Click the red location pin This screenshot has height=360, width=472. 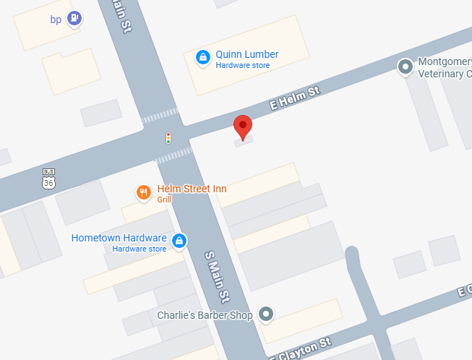(x=243, y=126)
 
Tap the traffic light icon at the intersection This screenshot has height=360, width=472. (x=168, y=137)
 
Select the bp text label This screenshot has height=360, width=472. (x=56, y=20)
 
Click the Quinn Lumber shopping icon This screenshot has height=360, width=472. (x=203, y=57)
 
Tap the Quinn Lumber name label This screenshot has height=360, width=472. (x=247, y=54)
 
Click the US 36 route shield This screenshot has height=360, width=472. (x=48, y=178)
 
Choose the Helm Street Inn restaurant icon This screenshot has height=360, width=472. (x=144, y=192)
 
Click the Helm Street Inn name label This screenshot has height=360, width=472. (x=192, y=189)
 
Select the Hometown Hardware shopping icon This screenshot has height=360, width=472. (x=179, y=241)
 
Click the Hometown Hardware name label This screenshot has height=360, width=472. (x=119, y=238)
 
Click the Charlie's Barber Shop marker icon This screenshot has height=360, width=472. (x=267, y=314)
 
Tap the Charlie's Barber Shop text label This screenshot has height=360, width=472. (x=205, y=315)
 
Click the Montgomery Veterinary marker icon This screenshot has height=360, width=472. (x=406, y=67)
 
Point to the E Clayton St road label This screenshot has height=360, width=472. (x=300, y=348)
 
